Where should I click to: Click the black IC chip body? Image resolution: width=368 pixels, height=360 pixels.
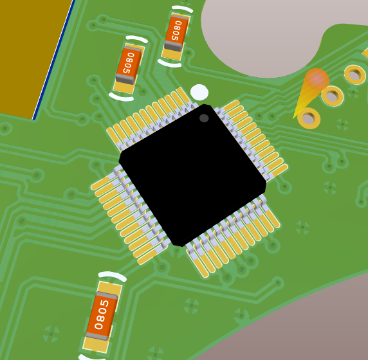coord(192,175)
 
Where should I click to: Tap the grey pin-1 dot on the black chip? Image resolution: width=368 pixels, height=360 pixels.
coord(204,118)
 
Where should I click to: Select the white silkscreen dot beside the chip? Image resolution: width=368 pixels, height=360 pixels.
coord(199,92)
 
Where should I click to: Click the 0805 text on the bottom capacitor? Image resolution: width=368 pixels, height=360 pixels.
coord(102,314)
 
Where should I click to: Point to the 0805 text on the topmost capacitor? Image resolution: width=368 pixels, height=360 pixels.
coord(177,30)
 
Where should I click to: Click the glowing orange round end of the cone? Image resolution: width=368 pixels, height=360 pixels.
coord(317,78)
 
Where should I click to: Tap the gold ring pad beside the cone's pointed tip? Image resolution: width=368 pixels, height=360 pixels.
coord(309,118)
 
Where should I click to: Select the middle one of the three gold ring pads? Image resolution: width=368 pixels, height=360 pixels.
coord(333,96)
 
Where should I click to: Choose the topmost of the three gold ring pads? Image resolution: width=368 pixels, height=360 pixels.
coord(355,75)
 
